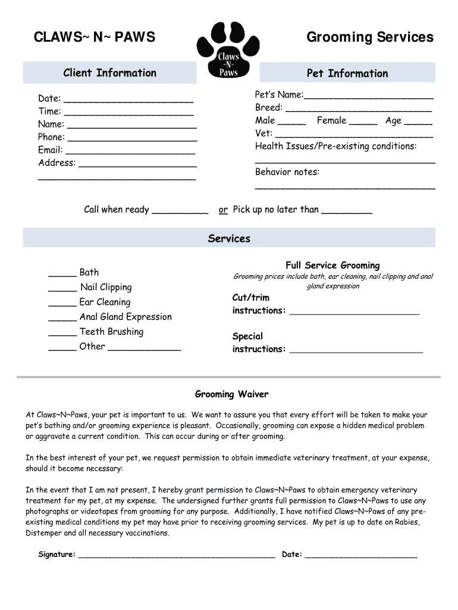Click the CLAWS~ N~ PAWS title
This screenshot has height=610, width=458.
coord(95,38)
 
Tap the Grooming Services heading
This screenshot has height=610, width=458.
coord(370,38)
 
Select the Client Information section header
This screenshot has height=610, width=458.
coord(109,73)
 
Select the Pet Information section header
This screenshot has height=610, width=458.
coord(347,73)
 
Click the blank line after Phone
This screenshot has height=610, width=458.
coord(133,138)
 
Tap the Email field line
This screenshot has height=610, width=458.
coord(130,151)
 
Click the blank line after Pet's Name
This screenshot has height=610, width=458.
coord(368,96)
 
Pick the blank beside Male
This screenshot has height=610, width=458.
coord(291,122)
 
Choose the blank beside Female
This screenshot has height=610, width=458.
coord(363,122)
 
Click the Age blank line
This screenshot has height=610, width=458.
coord(418,122)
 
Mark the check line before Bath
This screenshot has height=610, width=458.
coord(62,274)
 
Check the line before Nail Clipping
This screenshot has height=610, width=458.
coord(62,289)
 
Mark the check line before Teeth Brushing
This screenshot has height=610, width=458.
coord(62,334)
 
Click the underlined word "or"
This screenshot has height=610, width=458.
coord(223,210)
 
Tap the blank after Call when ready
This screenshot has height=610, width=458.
coord(180,211)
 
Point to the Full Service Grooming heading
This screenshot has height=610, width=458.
coord(332,265)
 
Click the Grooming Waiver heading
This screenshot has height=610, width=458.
coord(231,394)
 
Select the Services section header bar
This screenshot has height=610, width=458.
coord(229,238)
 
